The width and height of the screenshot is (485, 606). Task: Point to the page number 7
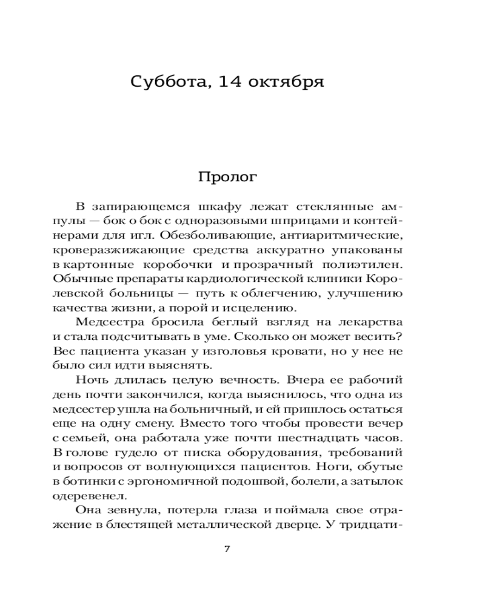pyautogui.click(x=227, y=550)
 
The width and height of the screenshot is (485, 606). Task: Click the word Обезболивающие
pyautogui.click(x=211, y=235)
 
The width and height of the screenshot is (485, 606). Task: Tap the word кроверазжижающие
pyautogui.click(x=101, y=249)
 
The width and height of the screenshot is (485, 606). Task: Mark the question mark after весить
pyautogui.click(x=400, y=336)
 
